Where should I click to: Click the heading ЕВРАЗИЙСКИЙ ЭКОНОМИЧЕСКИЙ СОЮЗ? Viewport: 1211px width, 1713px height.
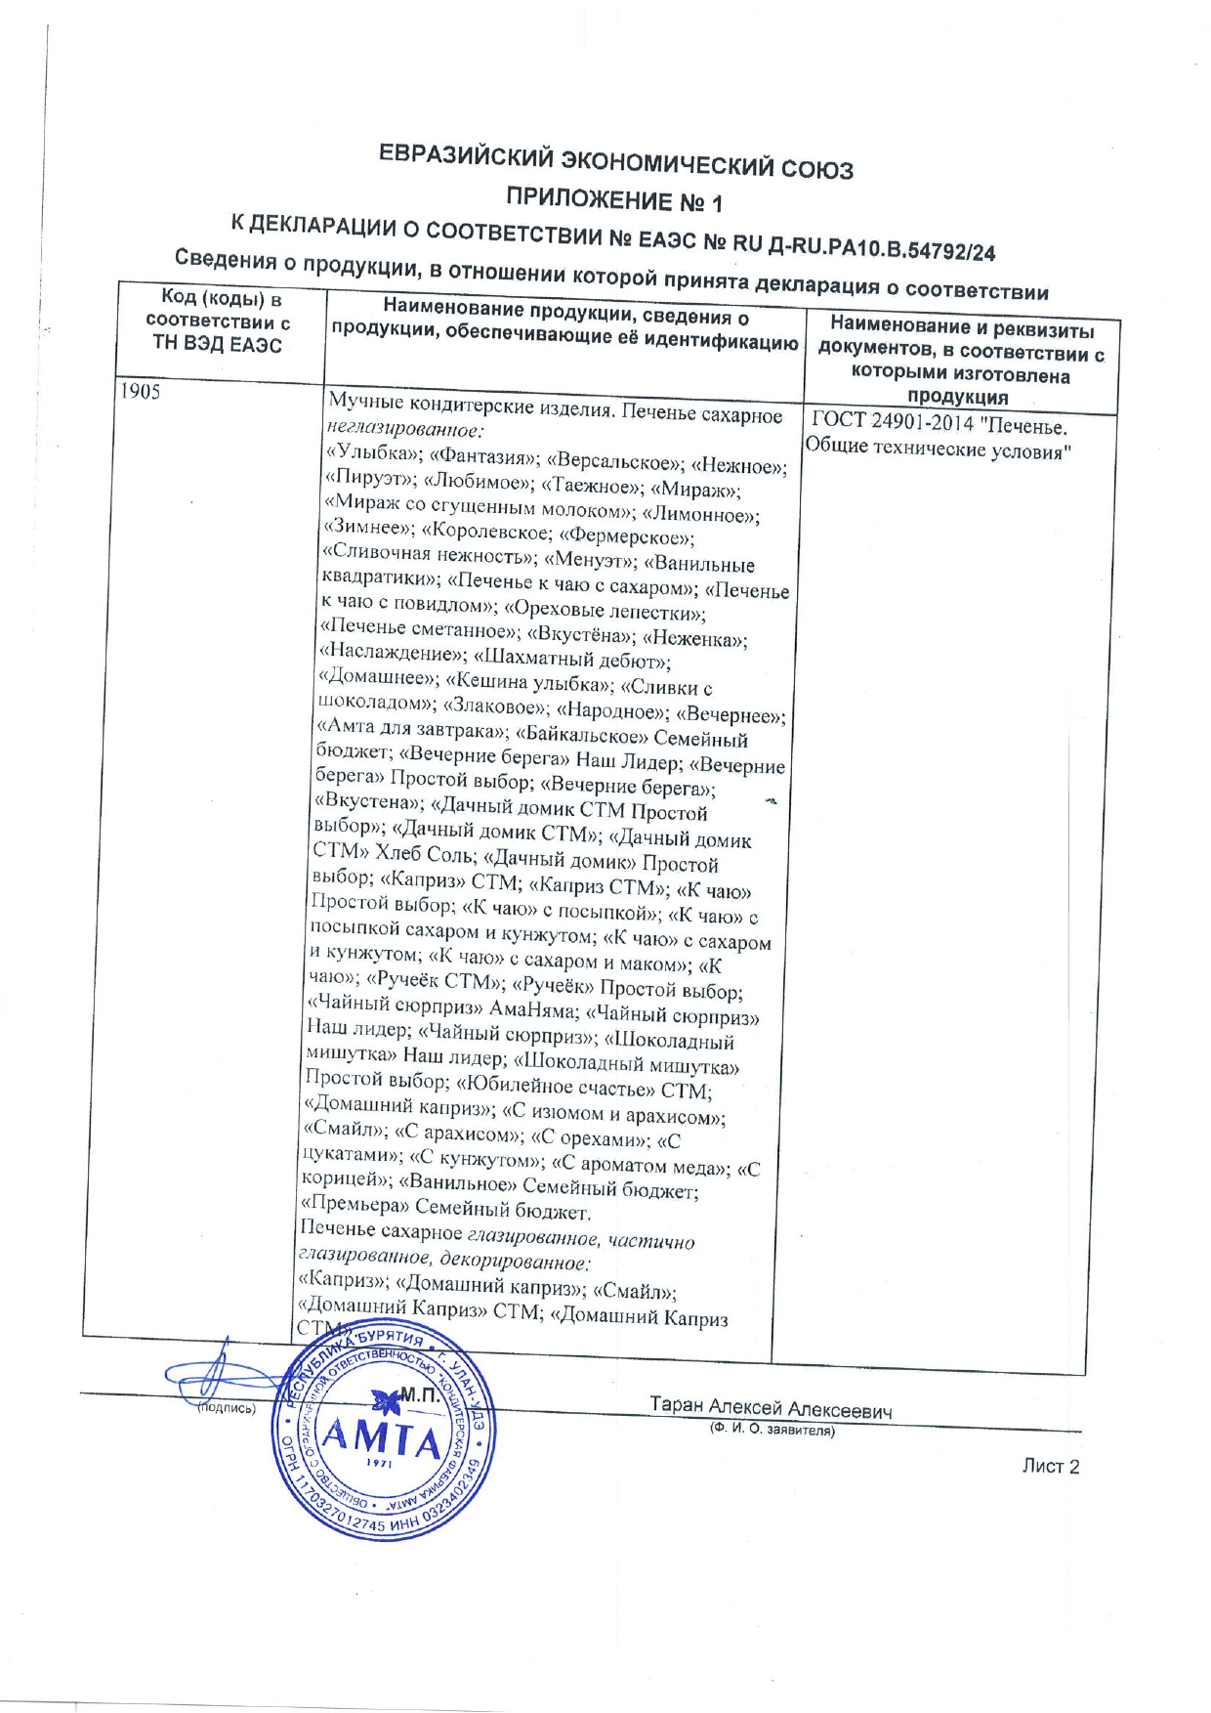[615, 163]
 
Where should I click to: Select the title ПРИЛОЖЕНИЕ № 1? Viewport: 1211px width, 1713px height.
[614, 200]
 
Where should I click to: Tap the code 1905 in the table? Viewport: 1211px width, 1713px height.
[140, 392]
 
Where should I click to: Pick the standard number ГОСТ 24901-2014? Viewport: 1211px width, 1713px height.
[893, 423]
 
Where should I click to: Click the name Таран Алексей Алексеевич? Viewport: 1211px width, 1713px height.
[771, 1408]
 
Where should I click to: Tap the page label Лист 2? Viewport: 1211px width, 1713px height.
[1050, 1466]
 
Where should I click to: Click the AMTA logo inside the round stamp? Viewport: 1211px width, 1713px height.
[383, 1440]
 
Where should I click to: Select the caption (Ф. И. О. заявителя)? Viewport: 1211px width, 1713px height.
[772, 1430]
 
